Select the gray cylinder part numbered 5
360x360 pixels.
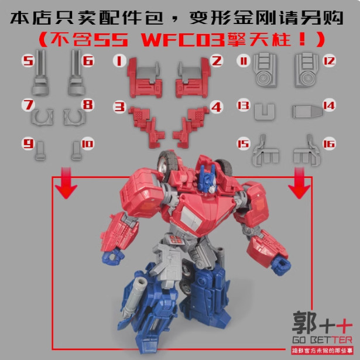pos(39,77)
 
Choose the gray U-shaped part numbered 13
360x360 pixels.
pos(264,111)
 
